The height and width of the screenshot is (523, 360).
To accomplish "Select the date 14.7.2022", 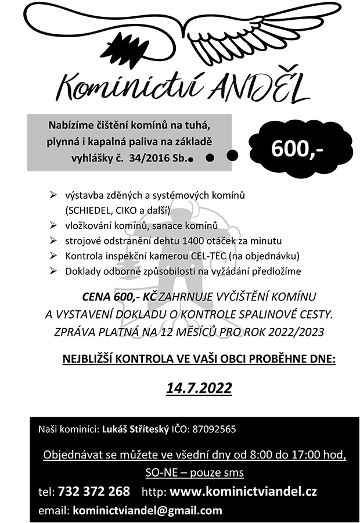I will point(199,388).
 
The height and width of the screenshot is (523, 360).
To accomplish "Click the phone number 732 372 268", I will point(94,492).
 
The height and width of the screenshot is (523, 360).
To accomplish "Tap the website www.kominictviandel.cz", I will point(244,492).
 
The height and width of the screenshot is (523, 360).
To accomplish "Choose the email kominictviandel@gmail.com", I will point(146,511).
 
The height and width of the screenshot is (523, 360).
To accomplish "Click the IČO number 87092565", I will point(212,430).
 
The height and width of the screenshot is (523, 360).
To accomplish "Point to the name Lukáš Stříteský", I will point(136,430).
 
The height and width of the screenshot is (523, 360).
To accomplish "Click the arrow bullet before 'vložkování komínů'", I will point(53,225).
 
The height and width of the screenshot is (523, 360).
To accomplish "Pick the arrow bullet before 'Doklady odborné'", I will point(53,271).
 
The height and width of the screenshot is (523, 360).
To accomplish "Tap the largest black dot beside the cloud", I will point(233,155).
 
